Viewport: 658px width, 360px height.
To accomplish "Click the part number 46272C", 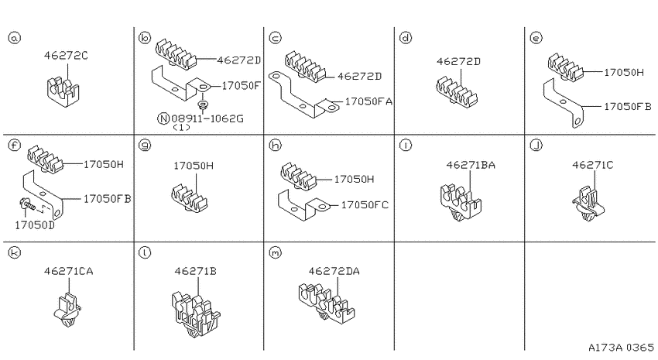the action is pos(66,56).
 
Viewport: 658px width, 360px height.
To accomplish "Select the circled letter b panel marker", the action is pos(144,38).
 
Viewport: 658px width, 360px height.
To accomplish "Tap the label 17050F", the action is pos(241,86).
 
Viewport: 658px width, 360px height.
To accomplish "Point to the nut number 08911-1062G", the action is pos(207,118).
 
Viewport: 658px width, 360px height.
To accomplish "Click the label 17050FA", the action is pos(368,101).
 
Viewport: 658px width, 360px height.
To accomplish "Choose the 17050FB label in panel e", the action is pos(627,107).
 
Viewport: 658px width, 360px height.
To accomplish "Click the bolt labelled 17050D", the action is pos(27,206).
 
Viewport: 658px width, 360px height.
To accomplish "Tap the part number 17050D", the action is pos(35,225).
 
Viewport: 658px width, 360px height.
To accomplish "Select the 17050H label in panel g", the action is pos(194,166).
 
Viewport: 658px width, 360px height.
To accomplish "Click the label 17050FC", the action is pos(365,205).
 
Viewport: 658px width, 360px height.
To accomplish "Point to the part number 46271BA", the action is pos(471,166).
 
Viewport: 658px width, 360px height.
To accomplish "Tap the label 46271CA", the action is pos(69,272).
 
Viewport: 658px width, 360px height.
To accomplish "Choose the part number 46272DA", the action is pos(334,272).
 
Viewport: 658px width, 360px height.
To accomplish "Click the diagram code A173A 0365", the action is pos(621,348).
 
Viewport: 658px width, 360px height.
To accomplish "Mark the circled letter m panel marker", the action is pos(275,253).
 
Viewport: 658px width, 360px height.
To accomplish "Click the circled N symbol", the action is pos(163,118).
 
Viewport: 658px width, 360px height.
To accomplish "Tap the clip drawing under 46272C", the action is pos(63,91).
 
